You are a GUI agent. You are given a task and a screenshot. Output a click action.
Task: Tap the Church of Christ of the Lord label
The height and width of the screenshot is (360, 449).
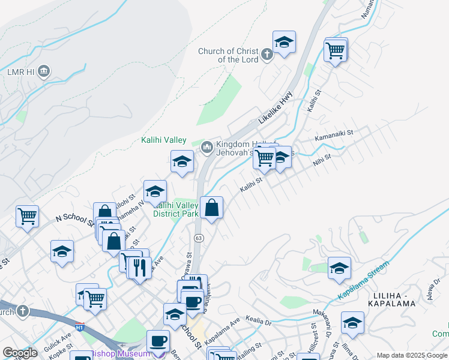click(x=229, y=55)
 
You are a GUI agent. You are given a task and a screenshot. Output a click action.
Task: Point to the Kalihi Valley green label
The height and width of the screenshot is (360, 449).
click(x=164, y=140)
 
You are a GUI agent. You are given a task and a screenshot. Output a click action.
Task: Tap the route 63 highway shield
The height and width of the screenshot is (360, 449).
click(x=197, y=238)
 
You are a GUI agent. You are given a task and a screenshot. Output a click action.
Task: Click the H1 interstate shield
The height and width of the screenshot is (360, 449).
click(x=80, y=326)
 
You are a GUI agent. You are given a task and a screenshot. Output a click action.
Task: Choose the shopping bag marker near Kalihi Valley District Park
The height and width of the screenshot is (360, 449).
click(x=211, y=208)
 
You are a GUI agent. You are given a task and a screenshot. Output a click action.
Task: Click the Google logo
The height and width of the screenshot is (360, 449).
click(x=20, y=353)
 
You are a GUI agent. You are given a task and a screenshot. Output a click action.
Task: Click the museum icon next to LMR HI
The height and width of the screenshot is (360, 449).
click(x=43, y=72)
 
